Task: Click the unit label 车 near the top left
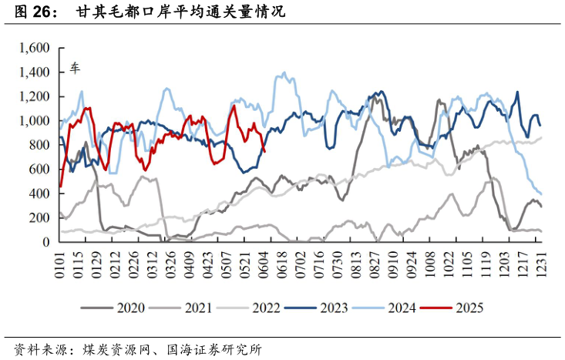(x=76, y=68)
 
